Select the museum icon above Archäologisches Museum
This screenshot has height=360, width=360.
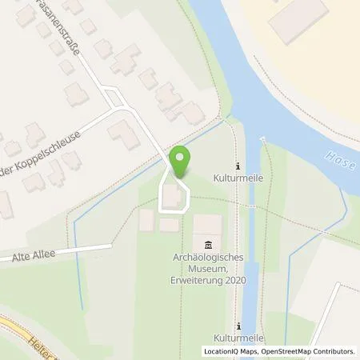pos(209,244)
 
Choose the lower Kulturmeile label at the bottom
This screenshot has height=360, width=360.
pos(238,339)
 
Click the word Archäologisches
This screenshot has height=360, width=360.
pos(209,258)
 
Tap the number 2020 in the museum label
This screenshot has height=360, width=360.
pos(235,281)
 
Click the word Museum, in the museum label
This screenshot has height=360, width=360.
pos(209,270)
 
